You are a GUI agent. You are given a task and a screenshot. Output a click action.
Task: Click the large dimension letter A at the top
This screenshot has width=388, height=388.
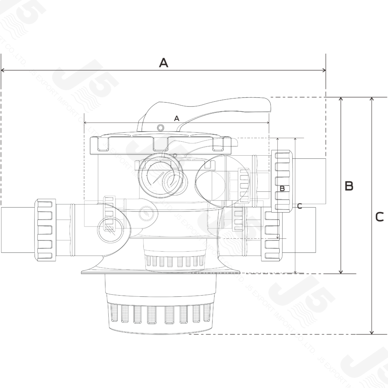pyautogui.click(x=163, y=63)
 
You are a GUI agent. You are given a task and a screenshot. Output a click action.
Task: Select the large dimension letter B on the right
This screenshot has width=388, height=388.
pyautogui.click(x=349, y=186)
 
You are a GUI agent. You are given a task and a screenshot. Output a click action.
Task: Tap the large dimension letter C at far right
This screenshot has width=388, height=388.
pyautogui.click(x=379, y=217)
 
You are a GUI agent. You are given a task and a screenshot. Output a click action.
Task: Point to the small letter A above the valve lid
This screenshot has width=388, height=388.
pyautogui.click(x=176, y=119)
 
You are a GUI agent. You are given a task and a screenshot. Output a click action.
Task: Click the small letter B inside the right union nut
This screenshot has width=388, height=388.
pyautogui.click(x=282, y=188)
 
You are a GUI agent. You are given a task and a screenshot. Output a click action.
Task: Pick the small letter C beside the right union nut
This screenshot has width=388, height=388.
pyautogui.click(x=299, y=206)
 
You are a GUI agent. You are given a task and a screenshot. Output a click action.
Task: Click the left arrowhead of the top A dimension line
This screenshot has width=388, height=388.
pyautogui.click(x=3, y=70)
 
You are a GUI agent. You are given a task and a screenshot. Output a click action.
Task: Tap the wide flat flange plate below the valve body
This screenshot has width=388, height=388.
pyautogui.click(x=159, y=270)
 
